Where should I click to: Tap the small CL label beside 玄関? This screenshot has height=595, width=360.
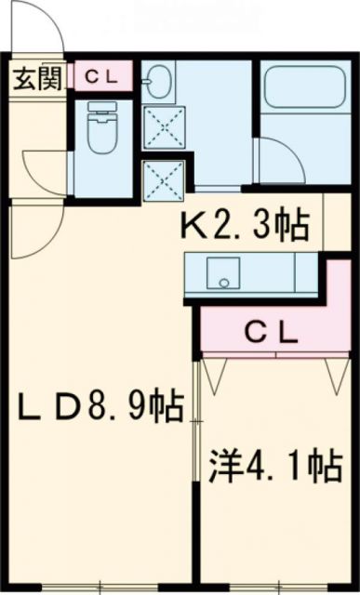pyautogui.click(x=98, y=78)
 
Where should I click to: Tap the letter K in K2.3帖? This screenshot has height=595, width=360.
pyautogui.click(x=192, y=225)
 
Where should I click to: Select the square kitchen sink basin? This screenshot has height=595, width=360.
pyautogui.click(x=221, y=273)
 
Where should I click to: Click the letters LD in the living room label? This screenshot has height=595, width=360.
pyautogui.click(x=52, y=407)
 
